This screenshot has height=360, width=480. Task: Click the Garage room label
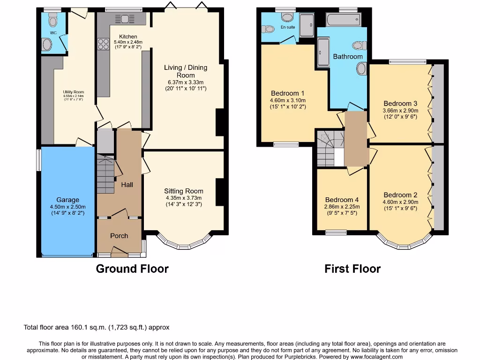[68, 200]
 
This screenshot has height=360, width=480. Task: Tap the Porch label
[119, 235]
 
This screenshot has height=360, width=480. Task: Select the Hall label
[127, 185]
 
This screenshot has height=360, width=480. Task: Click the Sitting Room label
[184, 191]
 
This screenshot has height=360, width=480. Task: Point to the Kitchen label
[128, 37]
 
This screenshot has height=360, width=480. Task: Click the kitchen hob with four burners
[103, 43]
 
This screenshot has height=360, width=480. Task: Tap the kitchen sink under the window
[125, 19]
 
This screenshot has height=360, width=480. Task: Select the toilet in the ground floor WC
[52, 20]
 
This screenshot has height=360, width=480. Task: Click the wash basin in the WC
[47, 45]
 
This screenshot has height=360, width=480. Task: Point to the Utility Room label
[73, 92]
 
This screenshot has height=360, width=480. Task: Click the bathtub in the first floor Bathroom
[343, 20]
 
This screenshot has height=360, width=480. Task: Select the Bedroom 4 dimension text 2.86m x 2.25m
[342, 206]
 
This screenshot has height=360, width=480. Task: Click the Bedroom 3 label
[400, 104]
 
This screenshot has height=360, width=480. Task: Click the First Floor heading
[352, 269]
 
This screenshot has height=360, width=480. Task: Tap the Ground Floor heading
[132, 269]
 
